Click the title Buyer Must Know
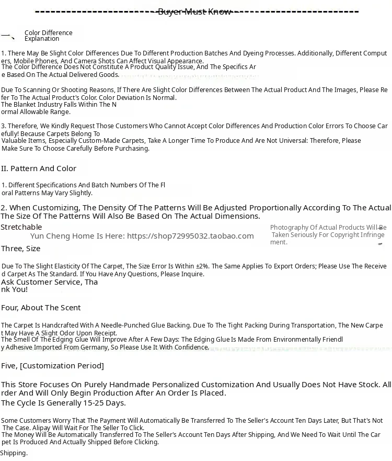pyautogui.click(x=194, y=12)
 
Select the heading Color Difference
pyautogui.click(x=49, y=33)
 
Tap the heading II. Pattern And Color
pyautogui.click(x=39, y=168)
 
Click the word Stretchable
pyautogui.click(x=21, y=227)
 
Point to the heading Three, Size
pyautogui.click(x=20, y=249)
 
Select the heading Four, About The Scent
pyautogui.click(x=41, y=308)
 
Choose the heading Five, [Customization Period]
pyautogui.click(x=52, y=366)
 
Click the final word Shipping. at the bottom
pyautogui.click(x=14, y=453)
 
